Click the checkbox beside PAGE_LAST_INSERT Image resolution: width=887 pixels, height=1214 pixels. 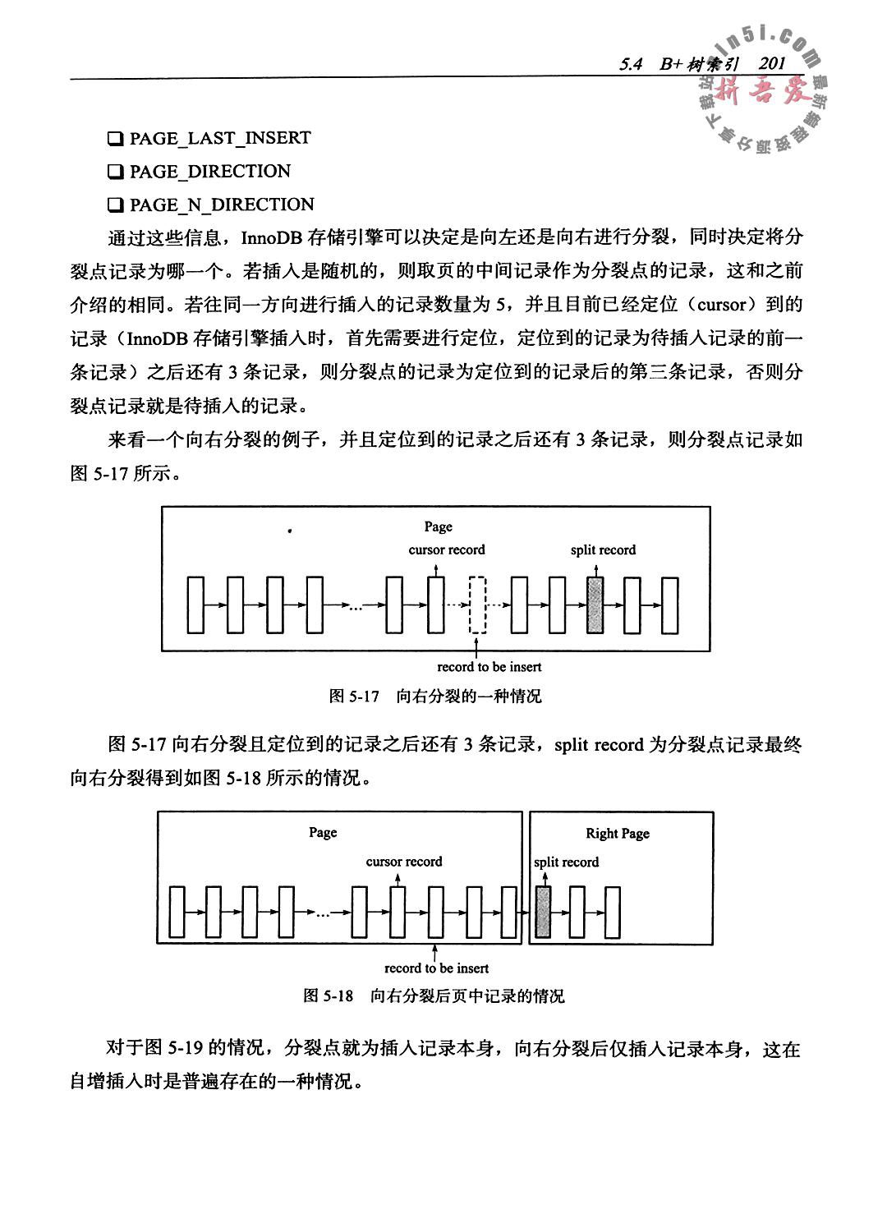pos(116,139)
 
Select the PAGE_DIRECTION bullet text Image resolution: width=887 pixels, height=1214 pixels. pos(209,172)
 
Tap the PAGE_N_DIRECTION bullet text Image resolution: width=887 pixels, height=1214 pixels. pos(222,205)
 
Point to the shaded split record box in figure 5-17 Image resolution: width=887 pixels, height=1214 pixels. pos(595,605)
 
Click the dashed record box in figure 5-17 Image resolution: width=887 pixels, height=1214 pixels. pos(477,605)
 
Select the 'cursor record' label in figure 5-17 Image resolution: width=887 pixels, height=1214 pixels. pos(447,550)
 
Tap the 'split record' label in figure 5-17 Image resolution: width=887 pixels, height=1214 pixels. pos(603,550)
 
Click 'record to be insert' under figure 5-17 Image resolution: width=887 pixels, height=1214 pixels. pos(489,666)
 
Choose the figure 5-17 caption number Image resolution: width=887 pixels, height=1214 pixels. pos(354,697)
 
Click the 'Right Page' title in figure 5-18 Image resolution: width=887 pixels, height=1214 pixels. pos(618,834)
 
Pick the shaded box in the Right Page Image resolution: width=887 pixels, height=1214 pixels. pos(543,912)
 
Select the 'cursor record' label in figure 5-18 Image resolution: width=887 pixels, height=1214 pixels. pos(404,862)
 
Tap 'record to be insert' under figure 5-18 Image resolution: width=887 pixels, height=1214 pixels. pos(437,968)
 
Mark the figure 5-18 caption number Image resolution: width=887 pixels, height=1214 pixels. pos(329,996)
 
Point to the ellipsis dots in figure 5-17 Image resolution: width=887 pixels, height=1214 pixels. pos(354,607)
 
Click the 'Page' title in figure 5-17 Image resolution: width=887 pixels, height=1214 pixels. pos(439,527)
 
